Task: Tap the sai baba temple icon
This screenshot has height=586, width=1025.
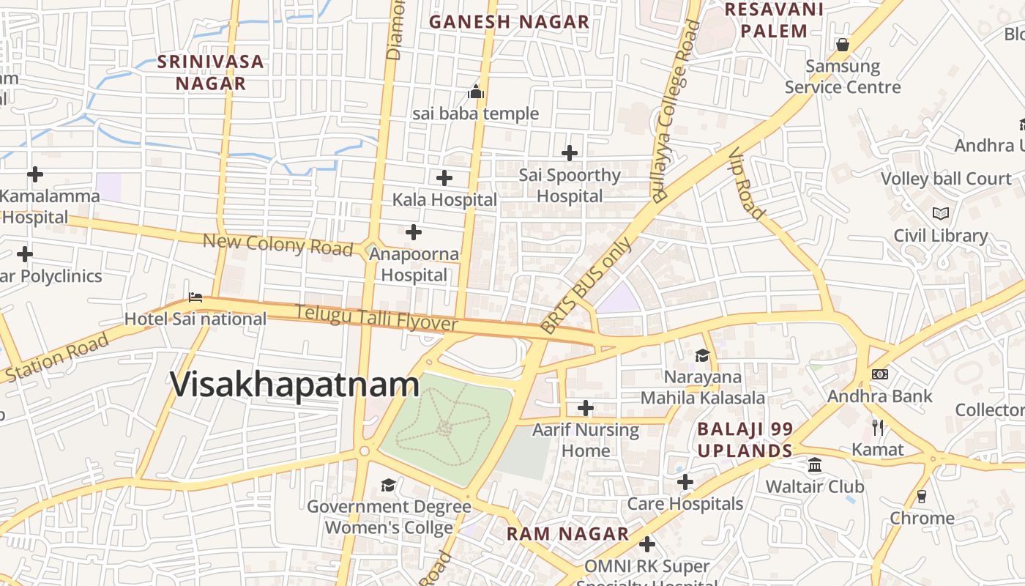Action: tap(476, 92)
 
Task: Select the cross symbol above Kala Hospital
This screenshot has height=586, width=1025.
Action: tap(444, 178)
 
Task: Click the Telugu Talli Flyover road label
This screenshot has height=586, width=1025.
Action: tap(376, 318)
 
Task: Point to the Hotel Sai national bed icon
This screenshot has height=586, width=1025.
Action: tap(195, 297)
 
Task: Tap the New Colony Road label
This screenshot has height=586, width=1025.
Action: tap(277, 244)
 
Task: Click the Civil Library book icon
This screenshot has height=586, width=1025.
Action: tap(941, 214)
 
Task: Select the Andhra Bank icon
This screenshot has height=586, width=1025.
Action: tap(880, 374)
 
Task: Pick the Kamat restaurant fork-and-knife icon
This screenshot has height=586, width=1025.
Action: tap(878, 427)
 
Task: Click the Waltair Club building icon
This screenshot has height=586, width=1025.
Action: tap(815, 465)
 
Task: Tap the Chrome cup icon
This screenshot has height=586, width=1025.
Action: tap(922, 496)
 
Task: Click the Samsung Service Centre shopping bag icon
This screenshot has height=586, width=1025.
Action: tap(843, 45)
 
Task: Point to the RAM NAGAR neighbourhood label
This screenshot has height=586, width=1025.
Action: tap(567, 534)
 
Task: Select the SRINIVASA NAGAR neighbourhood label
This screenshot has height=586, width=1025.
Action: tap(211, 72)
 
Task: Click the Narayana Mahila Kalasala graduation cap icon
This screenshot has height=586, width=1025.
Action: tap(702, 355)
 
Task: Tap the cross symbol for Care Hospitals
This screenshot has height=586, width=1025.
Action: tap(685, 482)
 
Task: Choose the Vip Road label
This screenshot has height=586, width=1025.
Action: tap(748, 183)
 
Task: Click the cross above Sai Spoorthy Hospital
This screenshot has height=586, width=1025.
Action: tap(570, 153)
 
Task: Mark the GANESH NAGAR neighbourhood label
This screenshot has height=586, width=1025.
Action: tap(509, 22)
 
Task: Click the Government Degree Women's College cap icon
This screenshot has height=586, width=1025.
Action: tap(388, 485)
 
